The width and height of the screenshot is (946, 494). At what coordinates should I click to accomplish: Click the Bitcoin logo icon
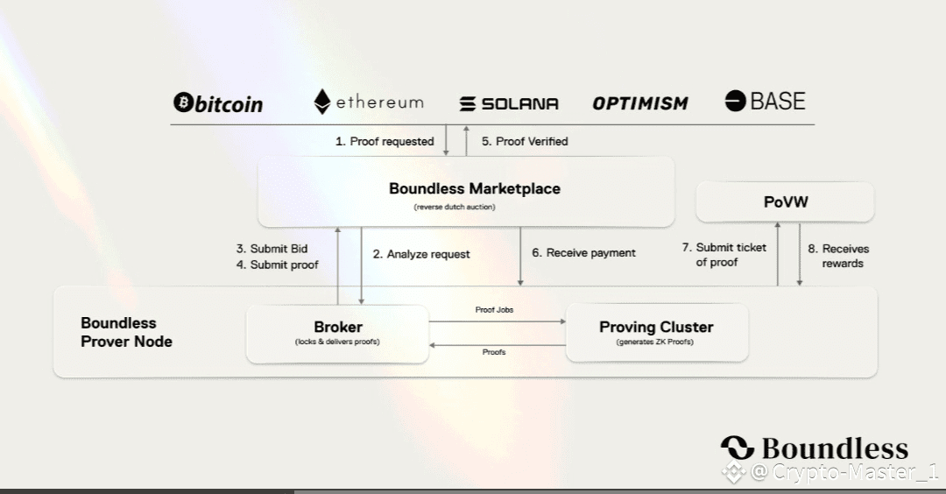[183, 103]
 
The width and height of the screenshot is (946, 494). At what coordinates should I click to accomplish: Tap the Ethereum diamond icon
[322, 102]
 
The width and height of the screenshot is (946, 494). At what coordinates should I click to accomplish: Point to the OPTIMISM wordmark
[640, 103]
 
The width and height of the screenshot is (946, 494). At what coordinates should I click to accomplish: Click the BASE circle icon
[735, 101]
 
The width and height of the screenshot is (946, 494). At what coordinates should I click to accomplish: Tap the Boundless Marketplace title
[474, 188]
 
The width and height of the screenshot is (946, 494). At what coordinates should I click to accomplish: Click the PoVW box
[785, 201]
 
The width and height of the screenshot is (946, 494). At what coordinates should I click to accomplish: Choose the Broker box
[337, 333]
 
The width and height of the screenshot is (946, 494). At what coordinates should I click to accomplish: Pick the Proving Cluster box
[656, 333]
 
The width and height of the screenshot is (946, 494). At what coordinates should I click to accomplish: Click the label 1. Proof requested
[384, 141]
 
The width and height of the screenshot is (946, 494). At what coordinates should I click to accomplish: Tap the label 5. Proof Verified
[525, 141]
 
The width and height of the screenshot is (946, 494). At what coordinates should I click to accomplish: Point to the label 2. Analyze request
[420, 254]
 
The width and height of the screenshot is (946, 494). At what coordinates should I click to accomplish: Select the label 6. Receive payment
[583, 252]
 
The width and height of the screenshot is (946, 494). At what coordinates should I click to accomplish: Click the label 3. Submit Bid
[272, 249]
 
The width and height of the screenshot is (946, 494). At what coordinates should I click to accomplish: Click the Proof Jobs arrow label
[494, 310]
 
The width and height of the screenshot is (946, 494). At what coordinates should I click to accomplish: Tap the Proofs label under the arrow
[493, 352]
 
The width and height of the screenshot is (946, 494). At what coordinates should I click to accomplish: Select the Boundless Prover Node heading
[126, 333]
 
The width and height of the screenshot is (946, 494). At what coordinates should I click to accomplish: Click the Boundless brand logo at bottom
[814, 448]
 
